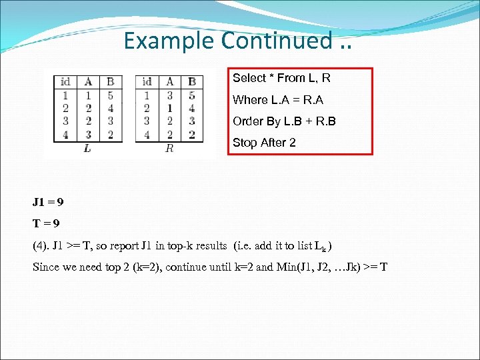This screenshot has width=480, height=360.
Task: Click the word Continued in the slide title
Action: [276, 41]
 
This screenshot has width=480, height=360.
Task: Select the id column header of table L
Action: [65, 82]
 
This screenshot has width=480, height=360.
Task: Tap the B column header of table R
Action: [192, 82]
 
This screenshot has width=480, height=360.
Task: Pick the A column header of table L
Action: [88, 82]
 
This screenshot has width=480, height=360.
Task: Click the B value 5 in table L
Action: [110, 95]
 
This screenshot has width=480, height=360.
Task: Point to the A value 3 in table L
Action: [88, 134]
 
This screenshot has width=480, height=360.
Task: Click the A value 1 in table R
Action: [170, 108]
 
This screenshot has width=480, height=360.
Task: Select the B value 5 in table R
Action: [192, 95]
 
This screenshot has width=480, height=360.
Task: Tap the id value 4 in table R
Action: [147, 134]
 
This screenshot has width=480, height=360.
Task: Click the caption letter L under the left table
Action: [88, 149]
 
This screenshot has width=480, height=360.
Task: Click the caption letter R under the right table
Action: [169, 149]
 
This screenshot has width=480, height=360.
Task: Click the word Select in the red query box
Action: [248, 78]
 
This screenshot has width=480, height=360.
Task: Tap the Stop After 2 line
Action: [264, 143]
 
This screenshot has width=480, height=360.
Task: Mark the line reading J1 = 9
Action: [48, 201]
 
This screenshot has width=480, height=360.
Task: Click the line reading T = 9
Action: [48, 223]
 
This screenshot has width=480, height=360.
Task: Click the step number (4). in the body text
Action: [41, 245]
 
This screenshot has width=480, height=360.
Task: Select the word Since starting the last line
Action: [47, 267]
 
